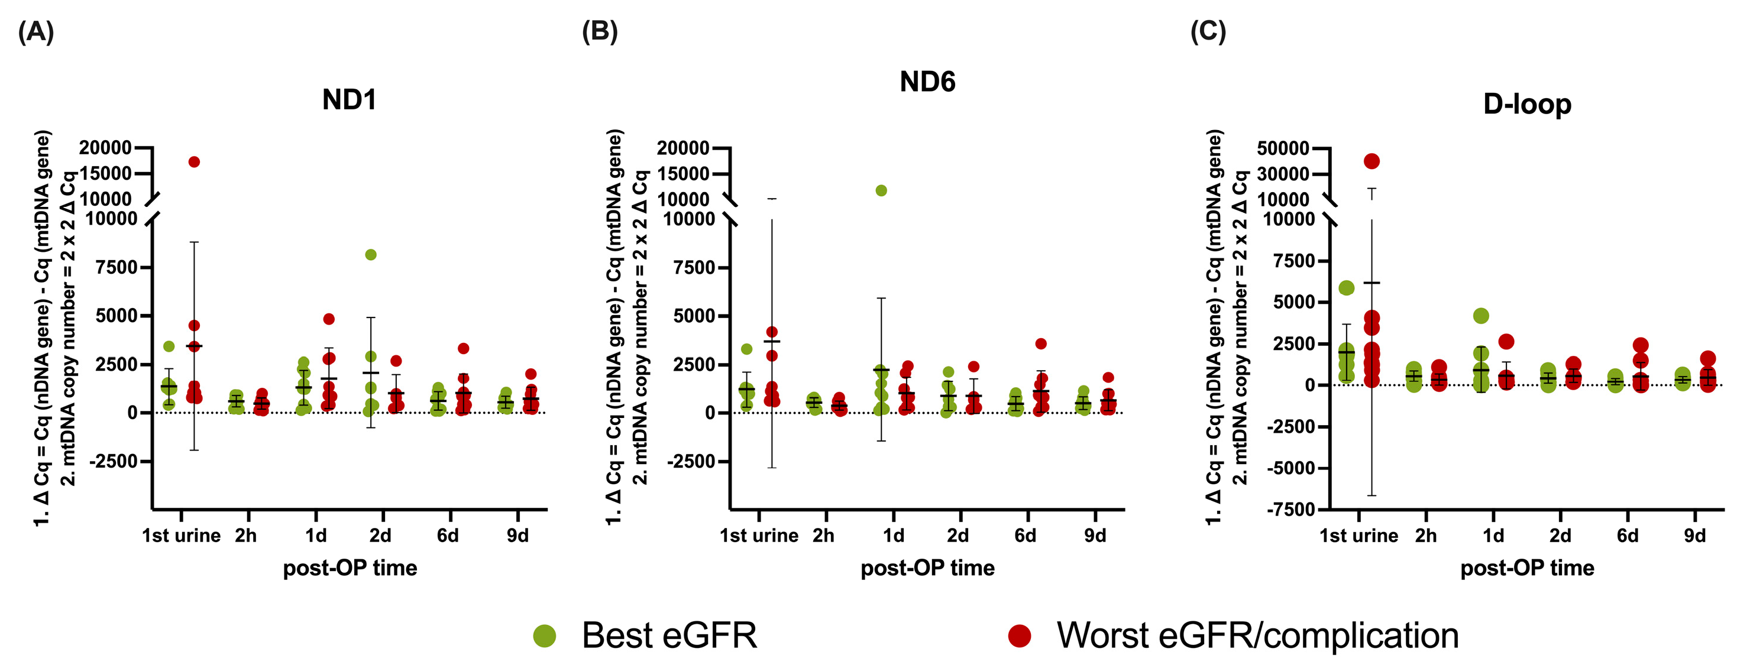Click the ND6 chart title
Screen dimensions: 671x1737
click(927, 82)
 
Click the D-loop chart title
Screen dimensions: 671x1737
click(1526, 105)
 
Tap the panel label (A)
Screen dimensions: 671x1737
click(35, 32)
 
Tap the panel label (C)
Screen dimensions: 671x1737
click(1208, 32)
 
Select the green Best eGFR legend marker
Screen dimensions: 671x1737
click(544, 636)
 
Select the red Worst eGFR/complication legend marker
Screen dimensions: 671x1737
click(1019, 636)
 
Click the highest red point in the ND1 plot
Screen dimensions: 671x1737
click(194, 162)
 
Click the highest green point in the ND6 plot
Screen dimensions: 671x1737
click(881, 191)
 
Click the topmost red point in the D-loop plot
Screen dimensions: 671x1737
click(1372, 161)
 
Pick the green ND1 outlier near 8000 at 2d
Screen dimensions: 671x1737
click(371, 255)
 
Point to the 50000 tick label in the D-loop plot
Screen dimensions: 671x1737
click(1283, 148)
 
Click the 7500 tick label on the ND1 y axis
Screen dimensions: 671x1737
click(116, 267)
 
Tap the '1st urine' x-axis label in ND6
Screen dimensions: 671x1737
click(759, 536)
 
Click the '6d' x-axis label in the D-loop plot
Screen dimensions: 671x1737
click(1627, 536)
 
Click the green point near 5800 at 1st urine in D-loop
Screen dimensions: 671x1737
click(1347, 288)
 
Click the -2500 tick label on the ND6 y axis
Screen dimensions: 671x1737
click(690, 461)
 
